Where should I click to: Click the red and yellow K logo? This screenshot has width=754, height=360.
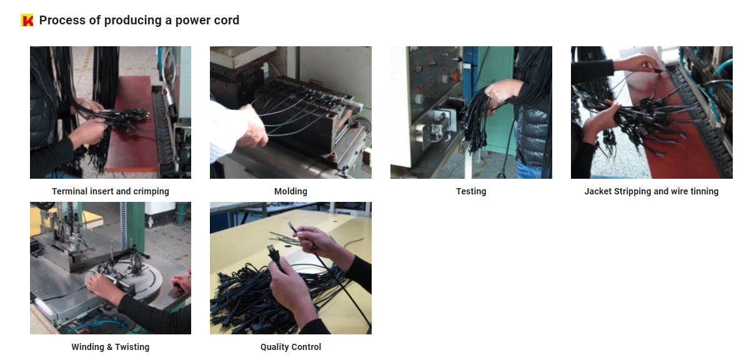(27, 20)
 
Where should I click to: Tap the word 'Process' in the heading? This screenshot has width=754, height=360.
(62, 20)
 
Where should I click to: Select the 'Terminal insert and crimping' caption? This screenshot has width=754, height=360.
(111, 191)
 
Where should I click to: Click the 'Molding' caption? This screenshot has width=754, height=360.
(291, 191)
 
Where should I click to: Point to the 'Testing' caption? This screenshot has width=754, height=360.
(471, 191)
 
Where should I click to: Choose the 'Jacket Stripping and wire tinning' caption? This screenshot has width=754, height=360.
(652, 191)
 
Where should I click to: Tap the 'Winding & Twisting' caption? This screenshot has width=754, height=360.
(111, 347)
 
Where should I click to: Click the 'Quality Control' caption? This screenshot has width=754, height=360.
(291, 347)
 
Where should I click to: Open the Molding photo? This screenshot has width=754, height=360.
(291, 112)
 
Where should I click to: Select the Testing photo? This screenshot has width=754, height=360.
(471, 112)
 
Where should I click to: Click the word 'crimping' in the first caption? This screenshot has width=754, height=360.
(151, 192)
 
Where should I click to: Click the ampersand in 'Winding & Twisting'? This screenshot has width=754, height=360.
(110, 347)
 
